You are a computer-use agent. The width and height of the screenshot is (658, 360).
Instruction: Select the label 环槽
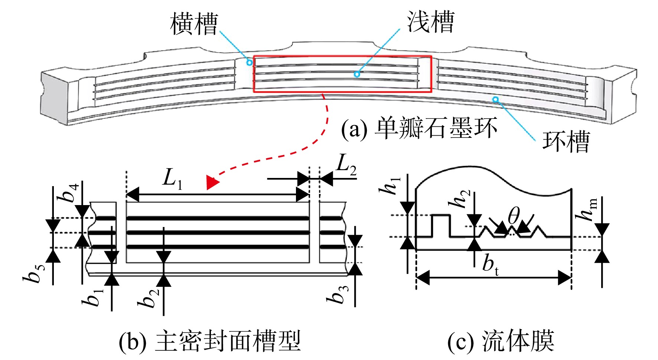566,141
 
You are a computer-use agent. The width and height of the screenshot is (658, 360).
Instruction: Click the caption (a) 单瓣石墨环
419,129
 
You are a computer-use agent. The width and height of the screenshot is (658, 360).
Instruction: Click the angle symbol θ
514,215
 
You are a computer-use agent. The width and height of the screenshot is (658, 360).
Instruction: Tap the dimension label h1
390,186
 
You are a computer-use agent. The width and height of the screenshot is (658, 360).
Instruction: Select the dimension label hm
587,210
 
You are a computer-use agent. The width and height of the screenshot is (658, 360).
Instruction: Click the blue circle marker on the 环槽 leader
495,100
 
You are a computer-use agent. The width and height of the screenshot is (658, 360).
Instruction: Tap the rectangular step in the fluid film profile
441,226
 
